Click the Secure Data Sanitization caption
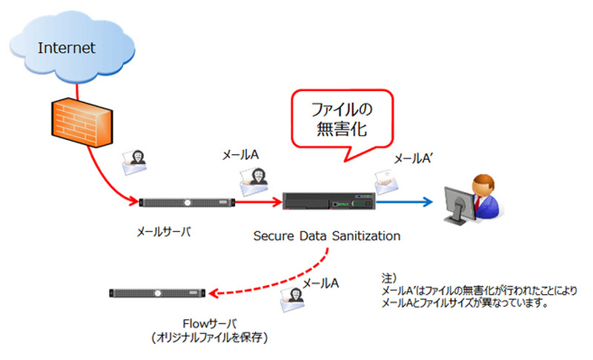point(327,236)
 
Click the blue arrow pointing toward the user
point(404,201)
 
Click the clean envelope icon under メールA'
point(386,179)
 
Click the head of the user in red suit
point(483,182)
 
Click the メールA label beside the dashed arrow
point(321,283)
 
